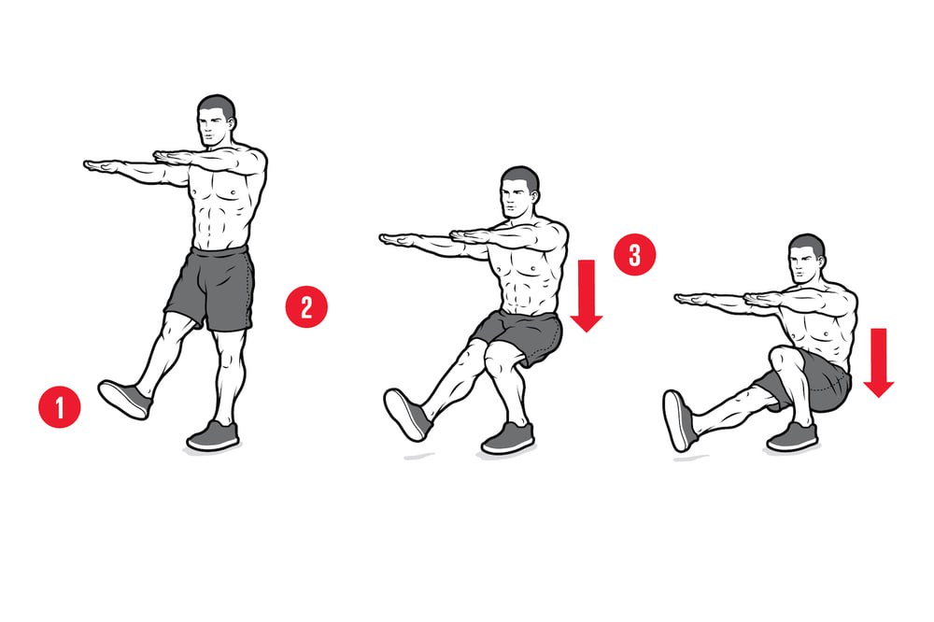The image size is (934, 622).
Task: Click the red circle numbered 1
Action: tap(60, 407)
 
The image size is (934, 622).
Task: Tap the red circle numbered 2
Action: tap(306, 307)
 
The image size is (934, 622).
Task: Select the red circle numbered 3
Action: tap(635, 254)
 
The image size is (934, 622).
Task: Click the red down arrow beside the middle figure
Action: tap(587, 295)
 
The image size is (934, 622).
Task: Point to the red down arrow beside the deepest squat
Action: tap(879, 362)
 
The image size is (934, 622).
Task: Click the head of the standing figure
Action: tap(215, 121)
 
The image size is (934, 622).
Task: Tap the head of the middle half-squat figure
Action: tap(518, 191)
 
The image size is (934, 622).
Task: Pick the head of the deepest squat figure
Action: tap(807, 260)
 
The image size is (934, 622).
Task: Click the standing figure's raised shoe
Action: tap(124, 399)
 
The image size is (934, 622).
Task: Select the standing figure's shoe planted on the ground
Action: tap(213, 436)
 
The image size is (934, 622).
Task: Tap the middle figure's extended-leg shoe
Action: tap(407, 415)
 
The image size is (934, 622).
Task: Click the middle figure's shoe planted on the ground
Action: tap(507, 439)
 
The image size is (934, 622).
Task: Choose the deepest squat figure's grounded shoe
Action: tap(792, 437)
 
